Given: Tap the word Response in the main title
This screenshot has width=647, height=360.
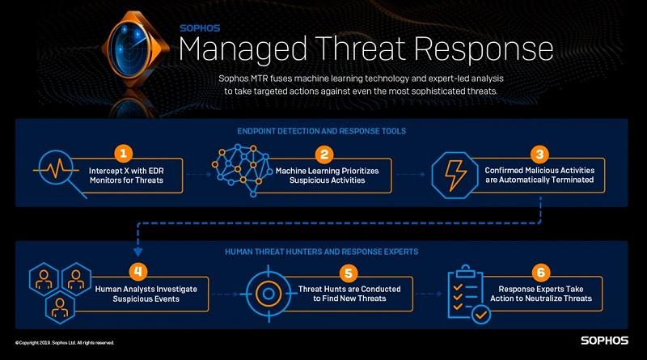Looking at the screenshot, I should pos(486,49).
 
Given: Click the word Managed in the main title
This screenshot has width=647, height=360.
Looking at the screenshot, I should pos(235,48).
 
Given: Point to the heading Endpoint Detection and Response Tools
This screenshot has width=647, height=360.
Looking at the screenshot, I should pos(324,130).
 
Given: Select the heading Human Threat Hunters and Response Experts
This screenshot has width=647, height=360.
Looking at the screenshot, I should pos(324,252).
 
